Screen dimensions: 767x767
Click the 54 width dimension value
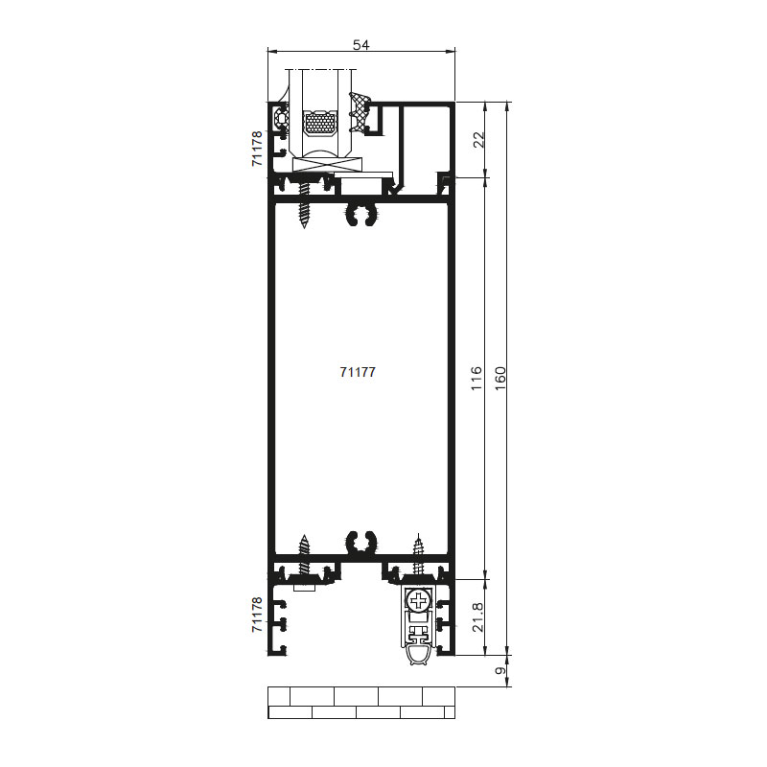[x=361, y=45]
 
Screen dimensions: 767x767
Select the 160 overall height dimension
[x=500, y=378]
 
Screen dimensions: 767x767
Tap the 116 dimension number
[x=476, y=378]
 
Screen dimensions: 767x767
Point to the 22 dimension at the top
[x=480, y=139]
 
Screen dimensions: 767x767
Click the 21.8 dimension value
[x=477, y=616]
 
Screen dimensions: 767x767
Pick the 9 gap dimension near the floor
[x=500, y=670]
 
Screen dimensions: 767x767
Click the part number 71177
[x=358, y=372]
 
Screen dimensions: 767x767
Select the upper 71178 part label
[x=257, y=149]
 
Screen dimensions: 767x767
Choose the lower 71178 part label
[x=257, y=615]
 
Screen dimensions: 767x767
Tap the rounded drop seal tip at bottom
[x=417, y=655]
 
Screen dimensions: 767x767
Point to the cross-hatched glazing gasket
[x=360, y=112]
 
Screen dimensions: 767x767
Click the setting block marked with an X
[x=326, y=165]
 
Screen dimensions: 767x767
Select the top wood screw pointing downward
[x=304, y=203]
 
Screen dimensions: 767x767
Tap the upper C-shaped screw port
[x=362, y=214]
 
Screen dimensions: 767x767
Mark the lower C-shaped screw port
[x=362, y=543]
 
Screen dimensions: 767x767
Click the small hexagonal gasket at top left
[x=282, y=118]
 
